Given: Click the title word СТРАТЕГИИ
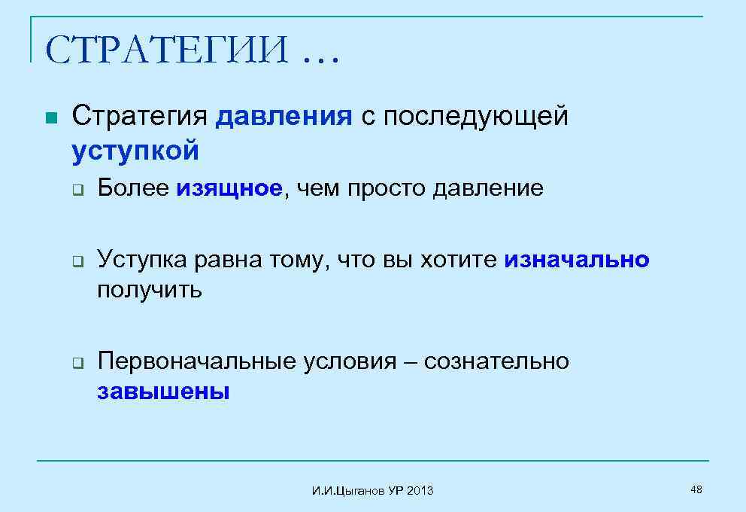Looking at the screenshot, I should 167,50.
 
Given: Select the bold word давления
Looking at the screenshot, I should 284,117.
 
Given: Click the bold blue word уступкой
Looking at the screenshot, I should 135,151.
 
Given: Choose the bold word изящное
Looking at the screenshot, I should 231,188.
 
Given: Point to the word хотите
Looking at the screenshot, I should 458,261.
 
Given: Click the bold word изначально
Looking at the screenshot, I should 577,261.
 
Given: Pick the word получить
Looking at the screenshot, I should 150,290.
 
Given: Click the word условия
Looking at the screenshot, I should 350,362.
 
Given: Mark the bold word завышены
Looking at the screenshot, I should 163,392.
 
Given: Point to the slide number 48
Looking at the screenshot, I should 696,490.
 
